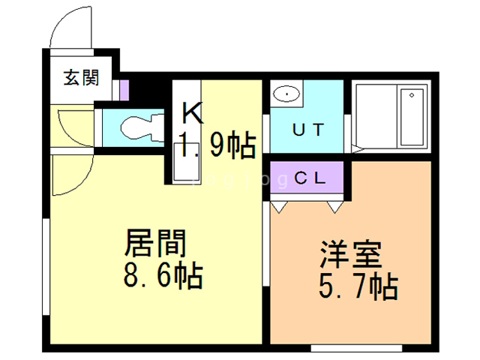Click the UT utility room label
tap(308, 129)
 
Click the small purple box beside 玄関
tap(124, 89)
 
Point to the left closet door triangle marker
tap(279, 203)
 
